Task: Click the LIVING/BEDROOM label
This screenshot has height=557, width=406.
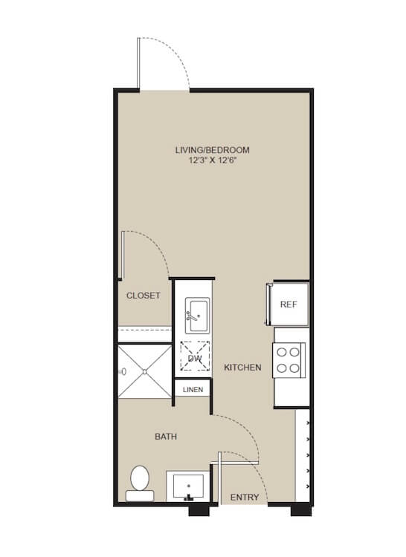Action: pos(212,150)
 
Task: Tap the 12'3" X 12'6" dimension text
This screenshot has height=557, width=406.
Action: pos(213,160)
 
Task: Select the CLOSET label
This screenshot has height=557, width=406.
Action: pos(144,296)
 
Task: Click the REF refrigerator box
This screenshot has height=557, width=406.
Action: pos(289,304)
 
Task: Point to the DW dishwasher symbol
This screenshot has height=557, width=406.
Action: pos(195,356)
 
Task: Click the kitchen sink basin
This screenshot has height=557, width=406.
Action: pos(197,316)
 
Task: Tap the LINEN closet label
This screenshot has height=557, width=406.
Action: pos(193,390)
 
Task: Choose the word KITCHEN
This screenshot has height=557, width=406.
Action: pos(242,368)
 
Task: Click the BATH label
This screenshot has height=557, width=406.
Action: pos(166,437)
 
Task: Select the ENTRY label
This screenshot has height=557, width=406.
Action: pos(245,498)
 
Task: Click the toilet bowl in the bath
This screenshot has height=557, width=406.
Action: pos(139,478)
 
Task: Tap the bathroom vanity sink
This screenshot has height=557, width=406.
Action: pos(188,486)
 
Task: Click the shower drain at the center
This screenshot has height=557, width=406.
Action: pos(145,371)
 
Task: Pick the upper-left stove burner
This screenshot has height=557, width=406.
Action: pos(282,352)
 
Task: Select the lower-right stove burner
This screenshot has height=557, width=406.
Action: pos(294,368)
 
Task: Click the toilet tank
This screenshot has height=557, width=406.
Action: pos(140,496)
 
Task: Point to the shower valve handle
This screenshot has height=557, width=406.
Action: pos(123,371)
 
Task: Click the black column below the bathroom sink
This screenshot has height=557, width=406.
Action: pos(199,510)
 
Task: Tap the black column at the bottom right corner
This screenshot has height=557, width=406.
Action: pos(300,509)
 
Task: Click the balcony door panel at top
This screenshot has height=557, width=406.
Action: pos(138,63)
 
